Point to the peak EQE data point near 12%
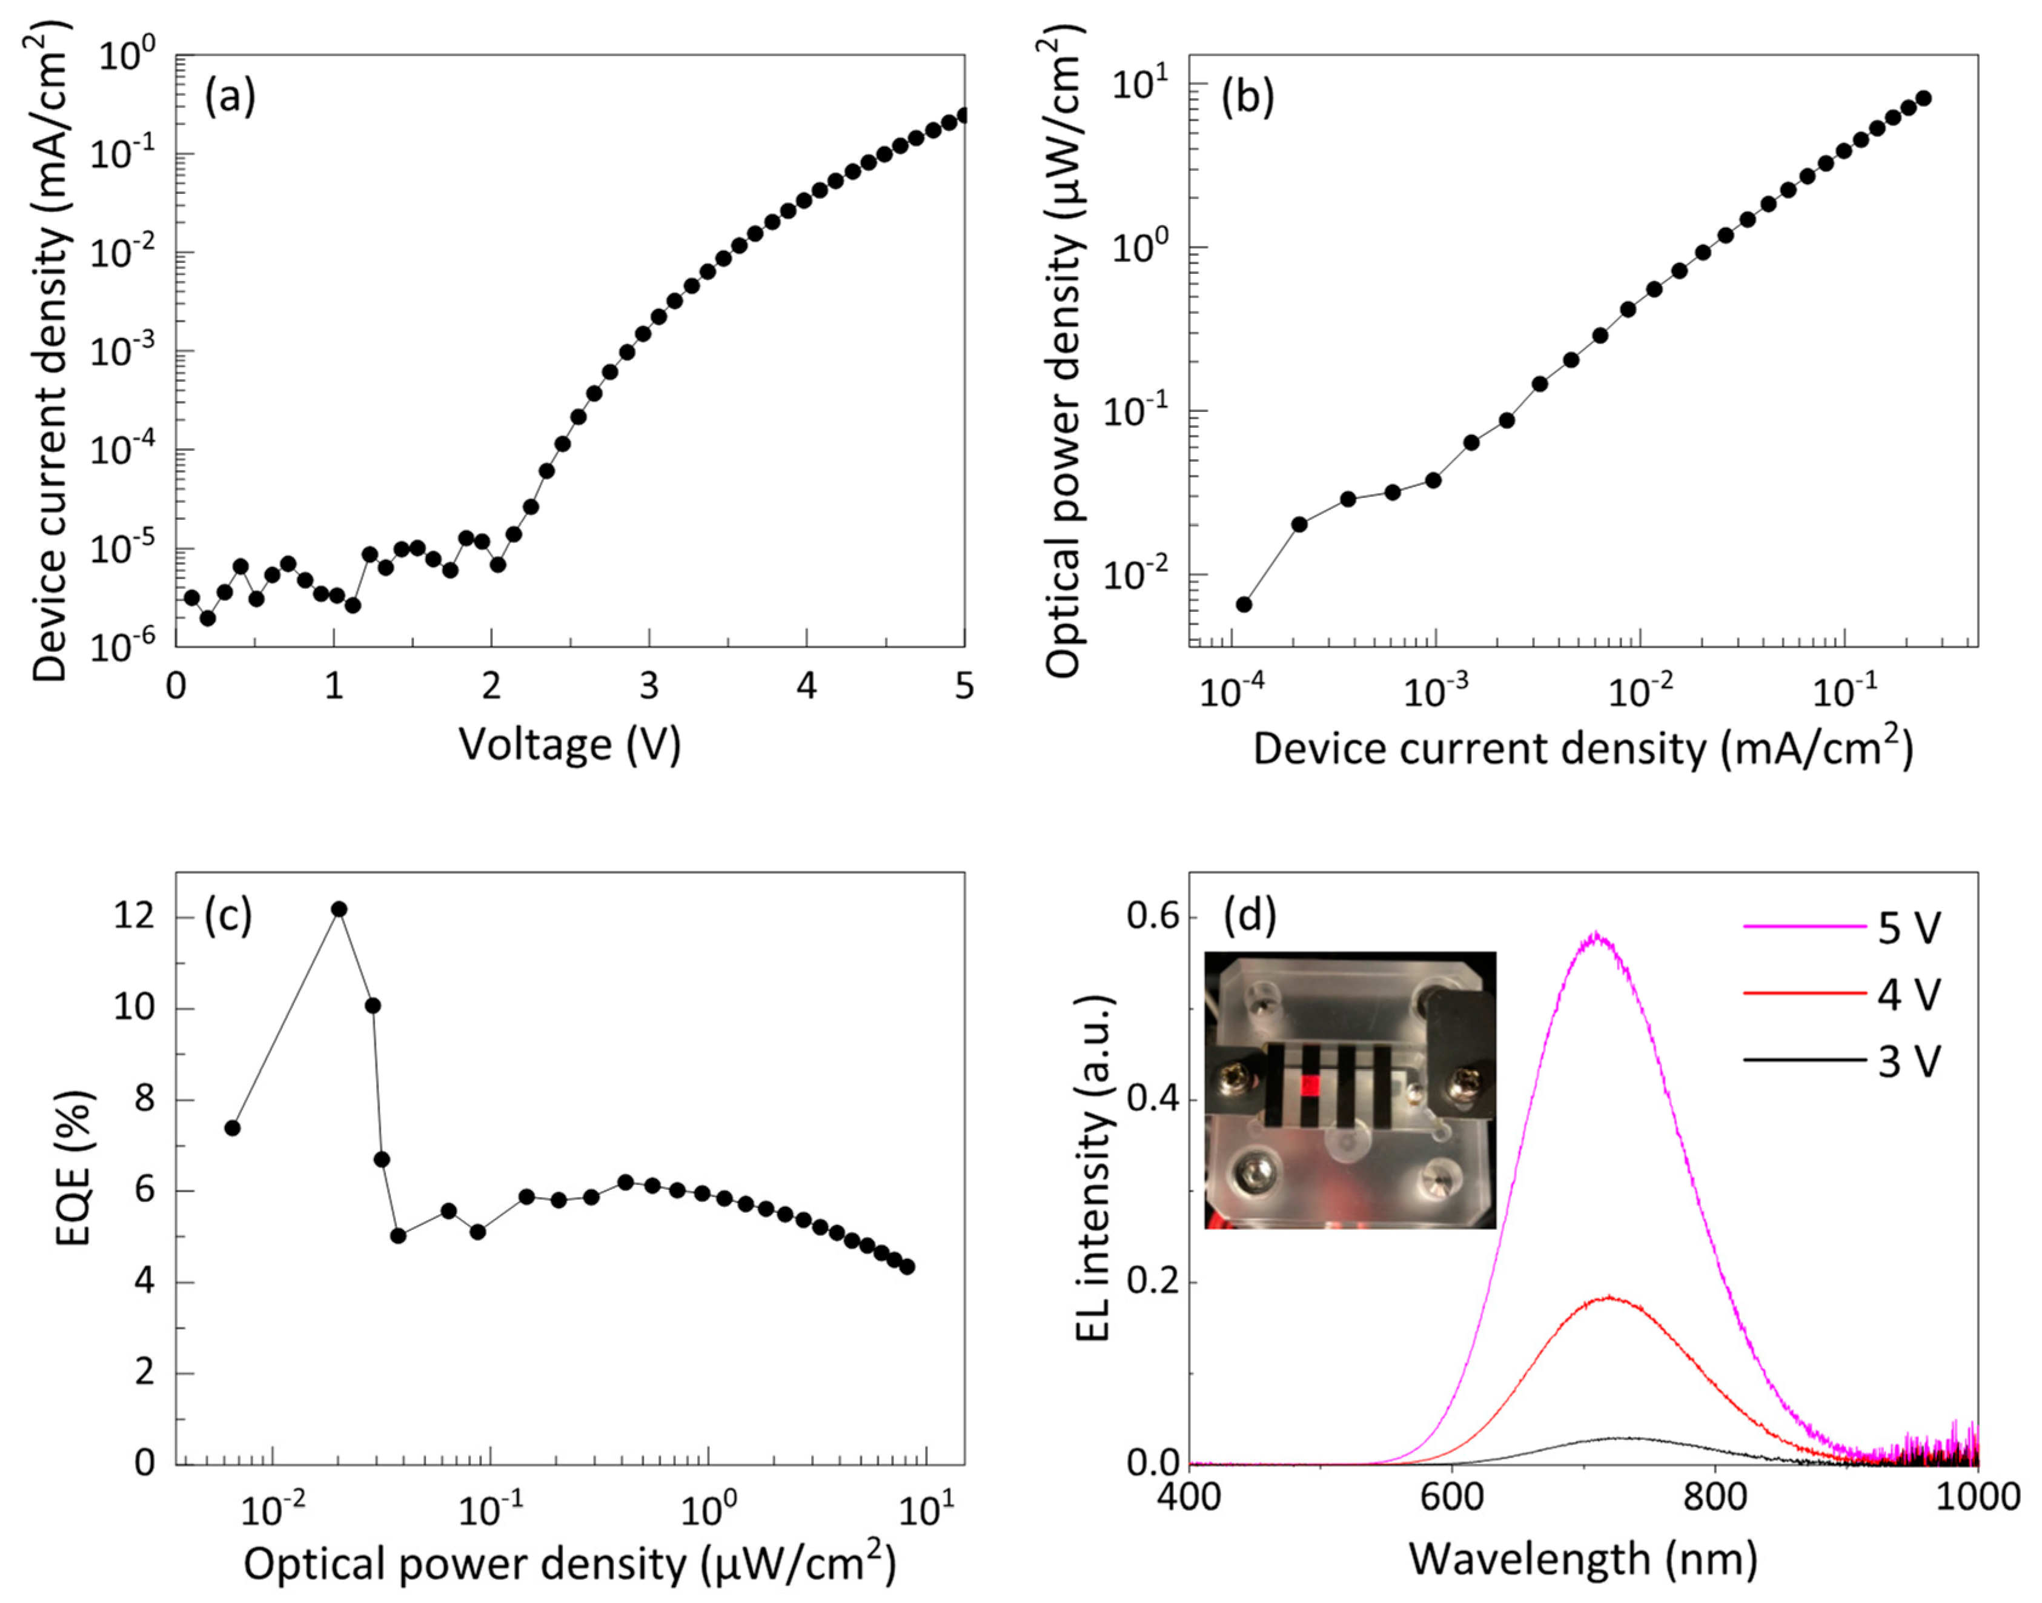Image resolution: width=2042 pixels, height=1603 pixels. pyautogui.click(x=339, y=909)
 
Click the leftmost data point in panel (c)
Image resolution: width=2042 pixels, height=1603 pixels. pyautogui.click(x=233, y=1128)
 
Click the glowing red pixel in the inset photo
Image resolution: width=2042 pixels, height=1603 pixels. pyautogui.click(x=1310, y=1086)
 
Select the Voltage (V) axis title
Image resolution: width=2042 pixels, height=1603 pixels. pyautogui.click(x=569, y=745)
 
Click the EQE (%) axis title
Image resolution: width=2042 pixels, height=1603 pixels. pyautogui.click(x=73, y=1169)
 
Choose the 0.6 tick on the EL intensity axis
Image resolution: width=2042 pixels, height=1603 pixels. pyautogui.click(x=1153, y=917)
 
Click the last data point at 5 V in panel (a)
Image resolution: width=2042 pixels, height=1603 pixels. pyautogui.click(x=962, y=116)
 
